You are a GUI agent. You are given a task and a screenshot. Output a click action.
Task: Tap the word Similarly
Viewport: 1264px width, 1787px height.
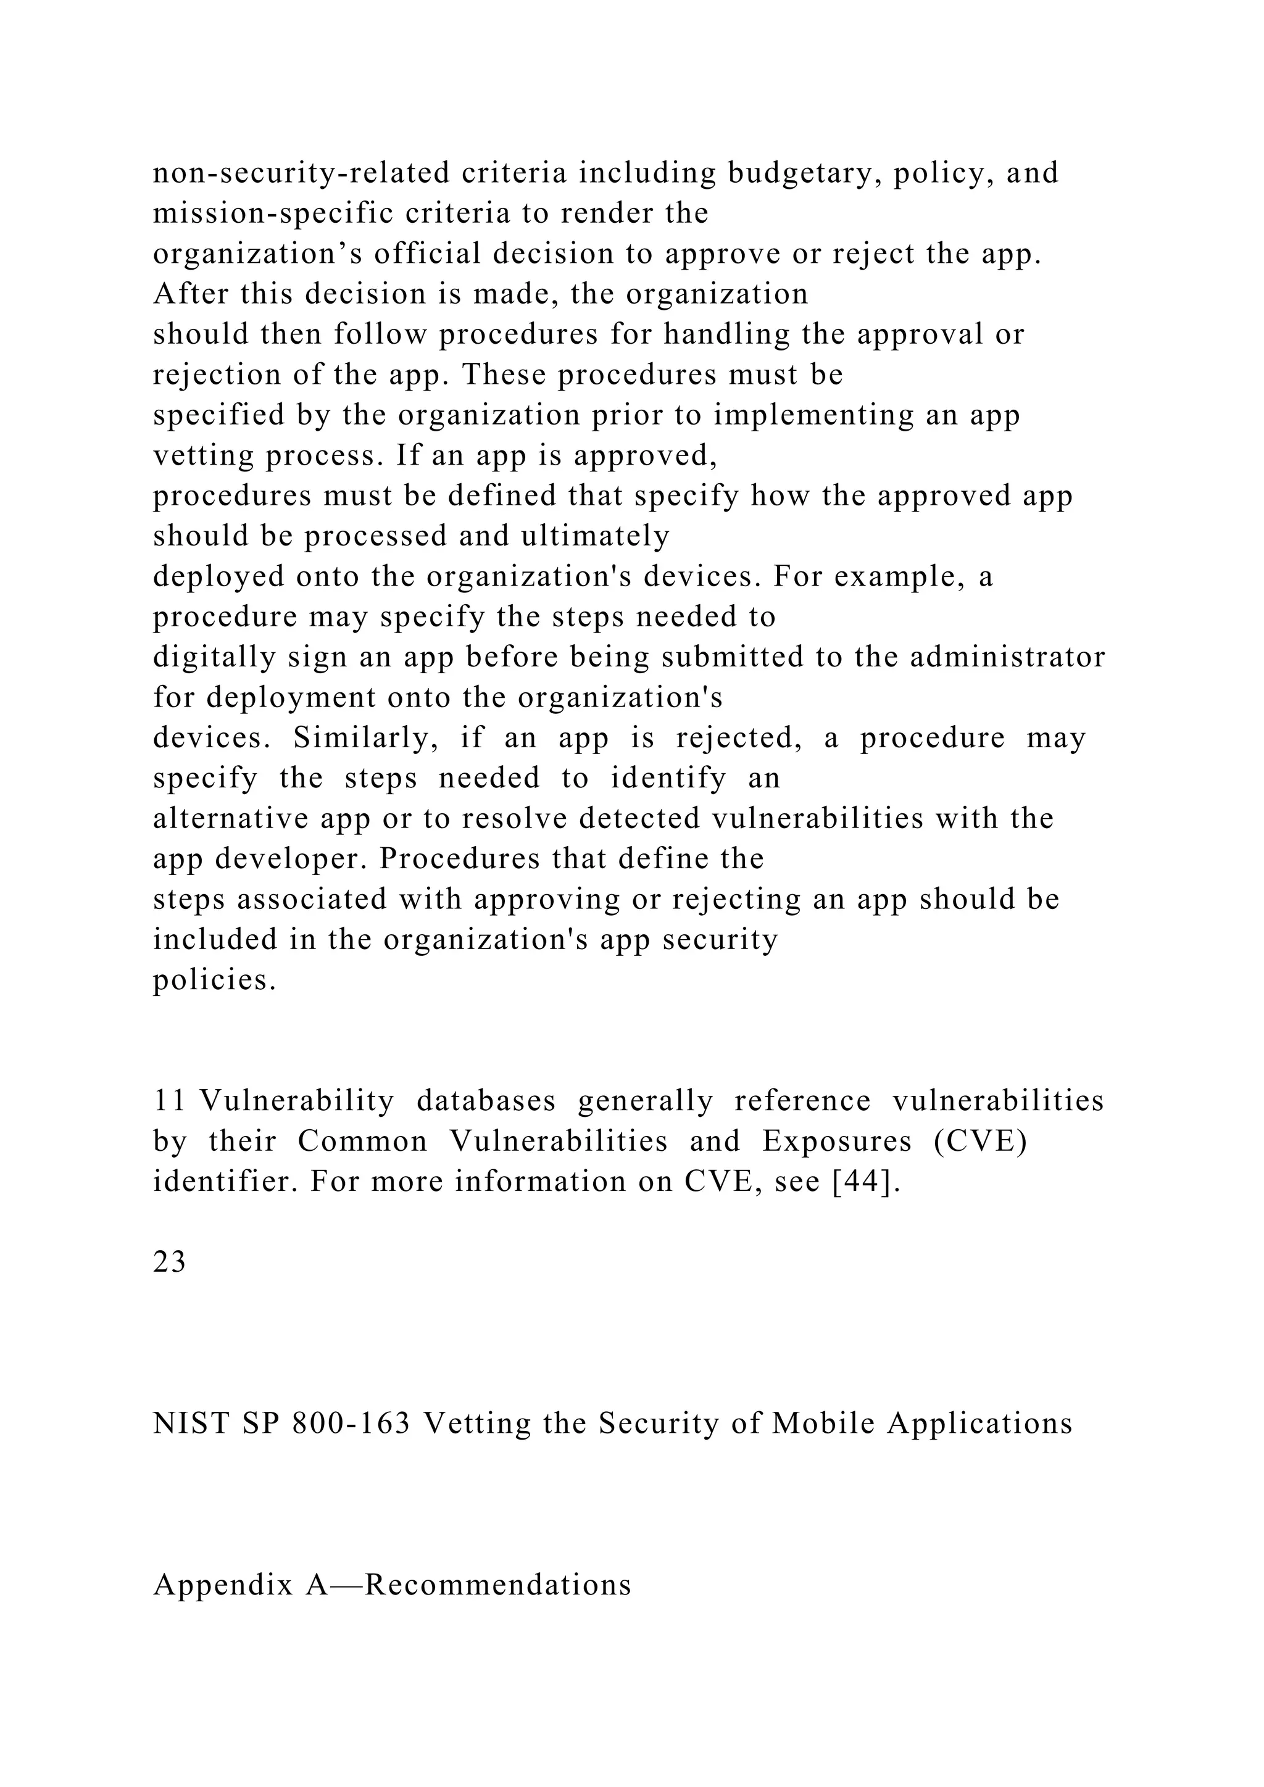pyautogui.click(x=364, y=738)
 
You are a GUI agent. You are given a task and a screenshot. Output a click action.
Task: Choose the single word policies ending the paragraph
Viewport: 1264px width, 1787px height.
pyautogui.click(x=215, y=981)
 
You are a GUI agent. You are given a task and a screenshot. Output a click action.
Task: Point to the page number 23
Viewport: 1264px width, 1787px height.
pyautogui.click(x=169, y=1263)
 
